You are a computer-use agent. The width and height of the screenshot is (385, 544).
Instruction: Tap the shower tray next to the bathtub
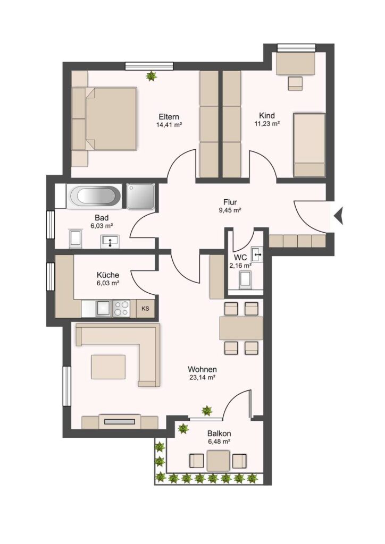click(140, 197)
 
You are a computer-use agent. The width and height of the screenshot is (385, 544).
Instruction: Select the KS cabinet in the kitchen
click(146, 308)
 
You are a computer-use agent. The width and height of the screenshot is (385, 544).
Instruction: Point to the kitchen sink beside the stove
click(104, 308)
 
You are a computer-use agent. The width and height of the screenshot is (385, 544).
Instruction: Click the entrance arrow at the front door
click(339, 216)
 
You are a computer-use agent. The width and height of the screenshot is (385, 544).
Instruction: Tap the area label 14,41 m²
click(170, 125)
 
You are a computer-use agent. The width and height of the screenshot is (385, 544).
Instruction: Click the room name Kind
click(267, 115)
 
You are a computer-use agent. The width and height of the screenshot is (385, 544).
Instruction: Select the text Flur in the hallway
click(230, 202)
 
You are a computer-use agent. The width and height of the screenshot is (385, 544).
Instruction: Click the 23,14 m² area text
click(203, 378)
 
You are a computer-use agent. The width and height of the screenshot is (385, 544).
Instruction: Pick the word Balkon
click(219, 433)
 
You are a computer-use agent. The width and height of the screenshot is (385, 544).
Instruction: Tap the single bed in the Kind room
click(309, 144)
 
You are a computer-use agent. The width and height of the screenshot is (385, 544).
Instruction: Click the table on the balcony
click(219, 461)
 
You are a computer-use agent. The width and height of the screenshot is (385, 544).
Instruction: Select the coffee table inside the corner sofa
click(108, 367)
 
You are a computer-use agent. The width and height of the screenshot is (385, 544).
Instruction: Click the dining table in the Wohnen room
click(241, 328)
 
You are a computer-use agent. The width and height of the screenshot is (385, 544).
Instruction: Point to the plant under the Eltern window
click(151, 76)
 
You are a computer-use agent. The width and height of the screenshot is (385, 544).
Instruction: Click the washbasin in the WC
click(257, 254)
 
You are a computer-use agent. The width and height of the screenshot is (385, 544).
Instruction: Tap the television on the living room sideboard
click(120, 422)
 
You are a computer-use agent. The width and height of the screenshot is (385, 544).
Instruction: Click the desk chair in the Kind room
click(296, 83)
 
